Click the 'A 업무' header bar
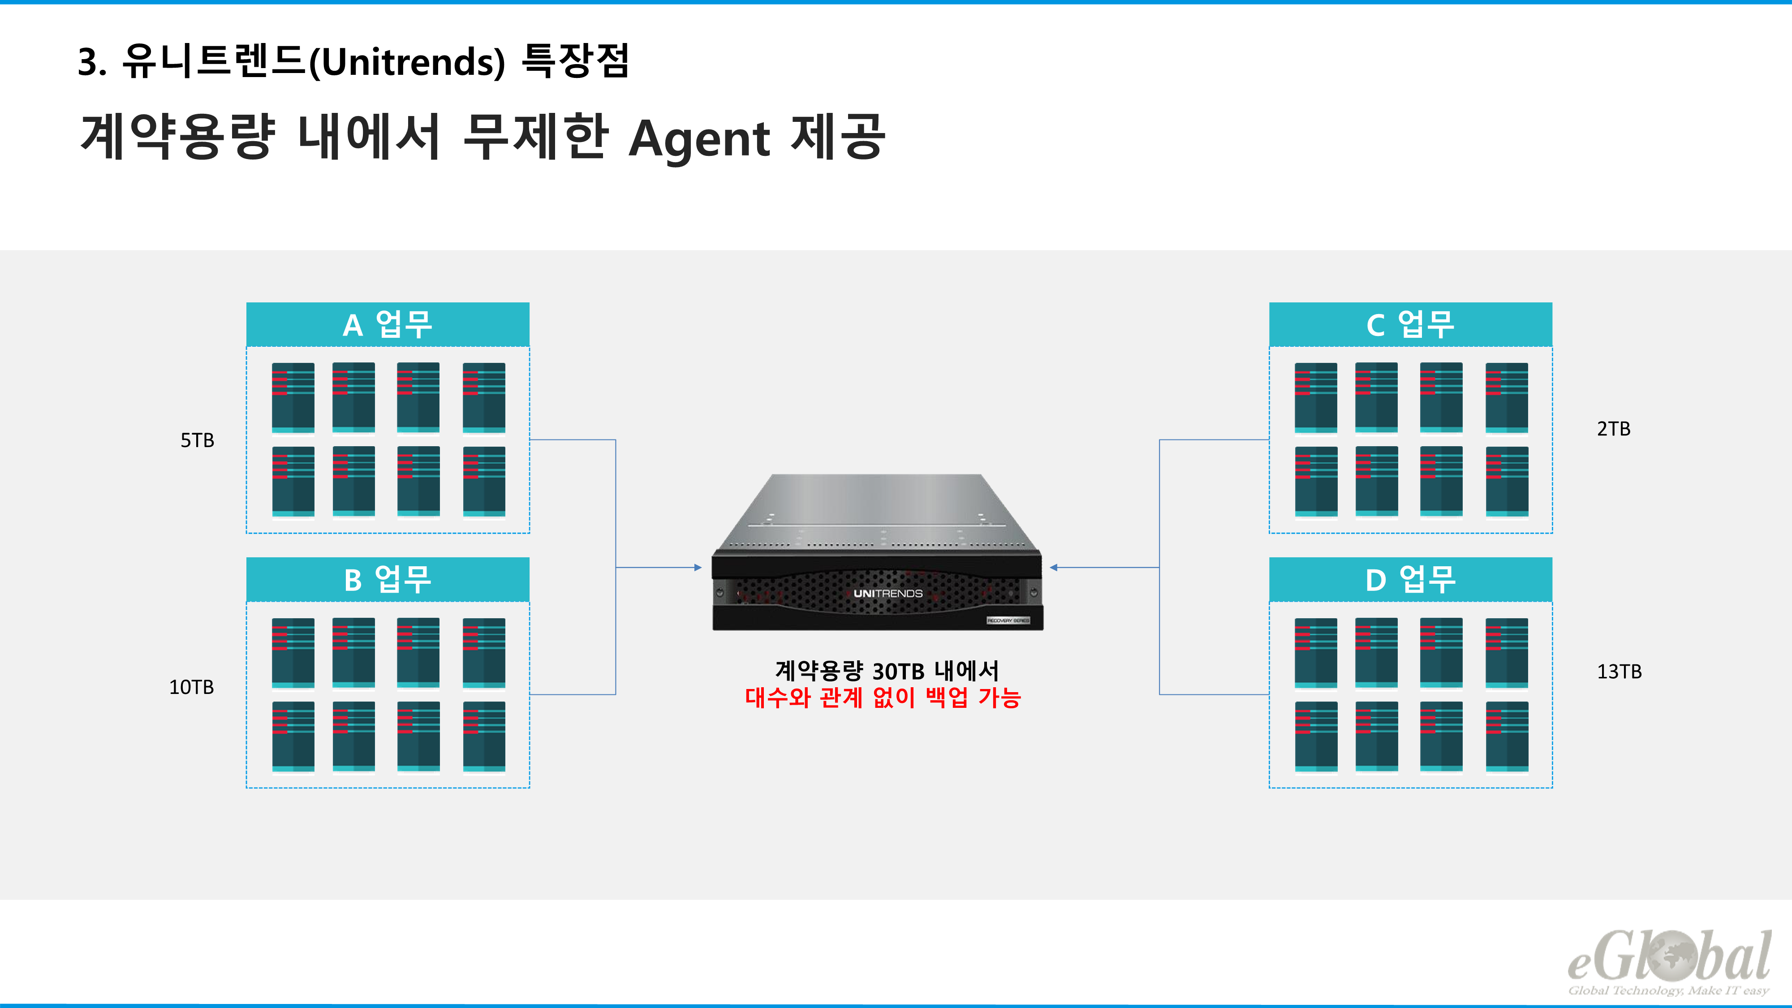click(388, 324)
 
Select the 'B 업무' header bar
click(388, 579)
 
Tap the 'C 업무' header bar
click(1410, 324)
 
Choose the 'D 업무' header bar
click(1410, 579)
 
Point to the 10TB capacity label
click(191, 687)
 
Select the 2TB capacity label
click(1613, 429)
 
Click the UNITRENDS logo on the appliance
click(887, 594)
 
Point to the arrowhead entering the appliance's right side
click(1054, 568)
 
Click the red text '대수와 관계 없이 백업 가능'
click(883, 697)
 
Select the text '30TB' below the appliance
click(898, 671)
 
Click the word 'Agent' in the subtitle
click(699, 138)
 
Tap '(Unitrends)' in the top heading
click(407, 62)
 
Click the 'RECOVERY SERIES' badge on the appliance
click(1008, 620)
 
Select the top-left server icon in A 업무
click(293, 397)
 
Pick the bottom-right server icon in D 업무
click(1507, 736)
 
